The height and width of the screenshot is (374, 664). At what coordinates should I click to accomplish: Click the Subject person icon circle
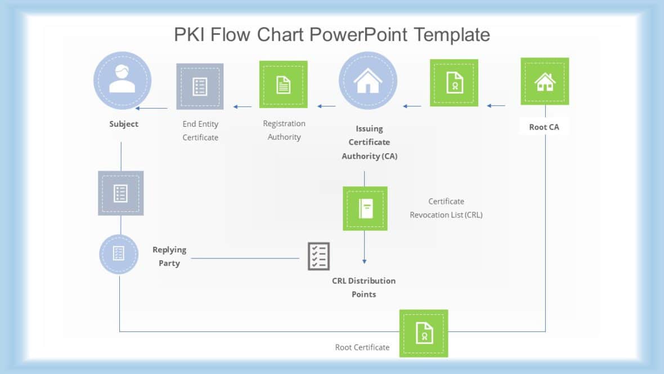coord(122,80)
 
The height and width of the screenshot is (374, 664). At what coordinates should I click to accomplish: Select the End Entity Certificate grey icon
coord(200,86)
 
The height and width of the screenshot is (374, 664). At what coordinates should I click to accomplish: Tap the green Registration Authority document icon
coord(283,84)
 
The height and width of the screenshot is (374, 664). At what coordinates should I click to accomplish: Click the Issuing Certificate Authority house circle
coord(368,81)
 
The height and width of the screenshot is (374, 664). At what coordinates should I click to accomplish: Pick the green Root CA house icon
coord(545,81)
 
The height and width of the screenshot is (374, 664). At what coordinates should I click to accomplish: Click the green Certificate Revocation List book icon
coord(365,208)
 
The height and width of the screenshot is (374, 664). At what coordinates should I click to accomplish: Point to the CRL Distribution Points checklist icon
coord(318,256)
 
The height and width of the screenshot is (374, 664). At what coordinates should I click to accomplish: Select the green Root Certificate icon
coord(424,333)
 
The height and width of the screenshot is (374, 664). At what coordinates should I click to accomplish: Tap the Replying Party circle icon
coord(119,254)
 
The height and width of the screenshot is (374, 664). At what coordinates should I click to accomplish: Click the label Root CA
coord(544,127)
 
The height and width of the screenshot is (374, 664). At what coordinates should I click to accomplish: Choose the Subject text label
coord(124,124)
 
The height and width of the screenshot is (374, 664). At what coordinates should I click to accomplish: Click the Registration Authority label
coord(284,130)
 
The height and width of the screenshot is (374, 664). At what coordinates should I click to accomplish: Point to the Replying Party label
coord(169,256)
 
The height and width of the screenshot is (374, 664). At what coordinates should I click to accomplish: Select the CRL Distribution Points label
coord(364,287)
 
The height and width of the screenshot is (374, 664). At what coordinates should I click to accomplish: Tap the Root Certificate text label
coord(362,347)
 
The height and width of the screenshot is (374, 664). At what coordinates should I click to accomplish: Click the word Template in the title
coord(452,35)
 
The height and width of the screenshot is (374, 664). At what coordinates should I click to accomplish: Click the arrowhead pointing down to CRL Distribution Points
coord(364,261)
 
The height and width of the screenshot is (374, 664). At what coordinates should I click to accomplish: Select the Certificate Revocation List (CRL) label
coord(446,208)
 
